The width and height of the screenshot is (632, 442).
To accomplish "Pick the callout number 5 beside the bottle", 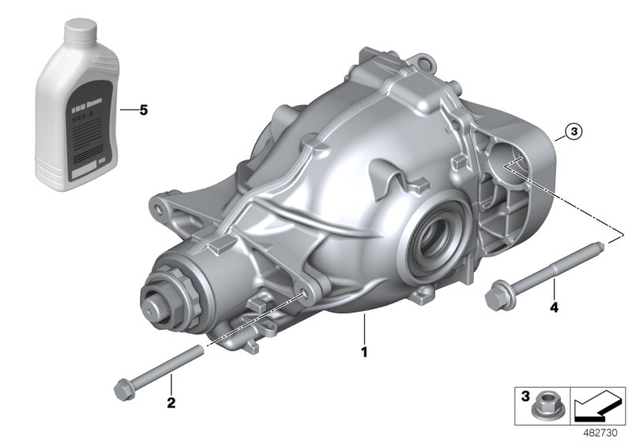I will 143,110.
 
